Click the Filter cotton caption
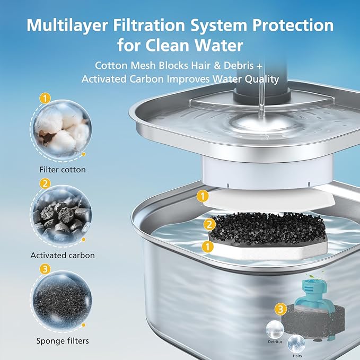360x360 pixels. [62, 170]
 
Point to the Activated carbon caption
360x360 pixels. [62, 255]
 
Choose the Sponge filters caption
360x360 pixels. [62, 340]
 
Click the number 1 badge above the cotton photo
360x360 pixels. [45, 98]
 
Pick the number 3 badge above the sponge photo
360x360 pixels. [45, 269]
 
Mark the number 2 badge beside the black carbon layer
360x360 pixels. [210, 224]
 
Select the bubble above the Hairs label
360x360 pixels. [296, 342]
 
